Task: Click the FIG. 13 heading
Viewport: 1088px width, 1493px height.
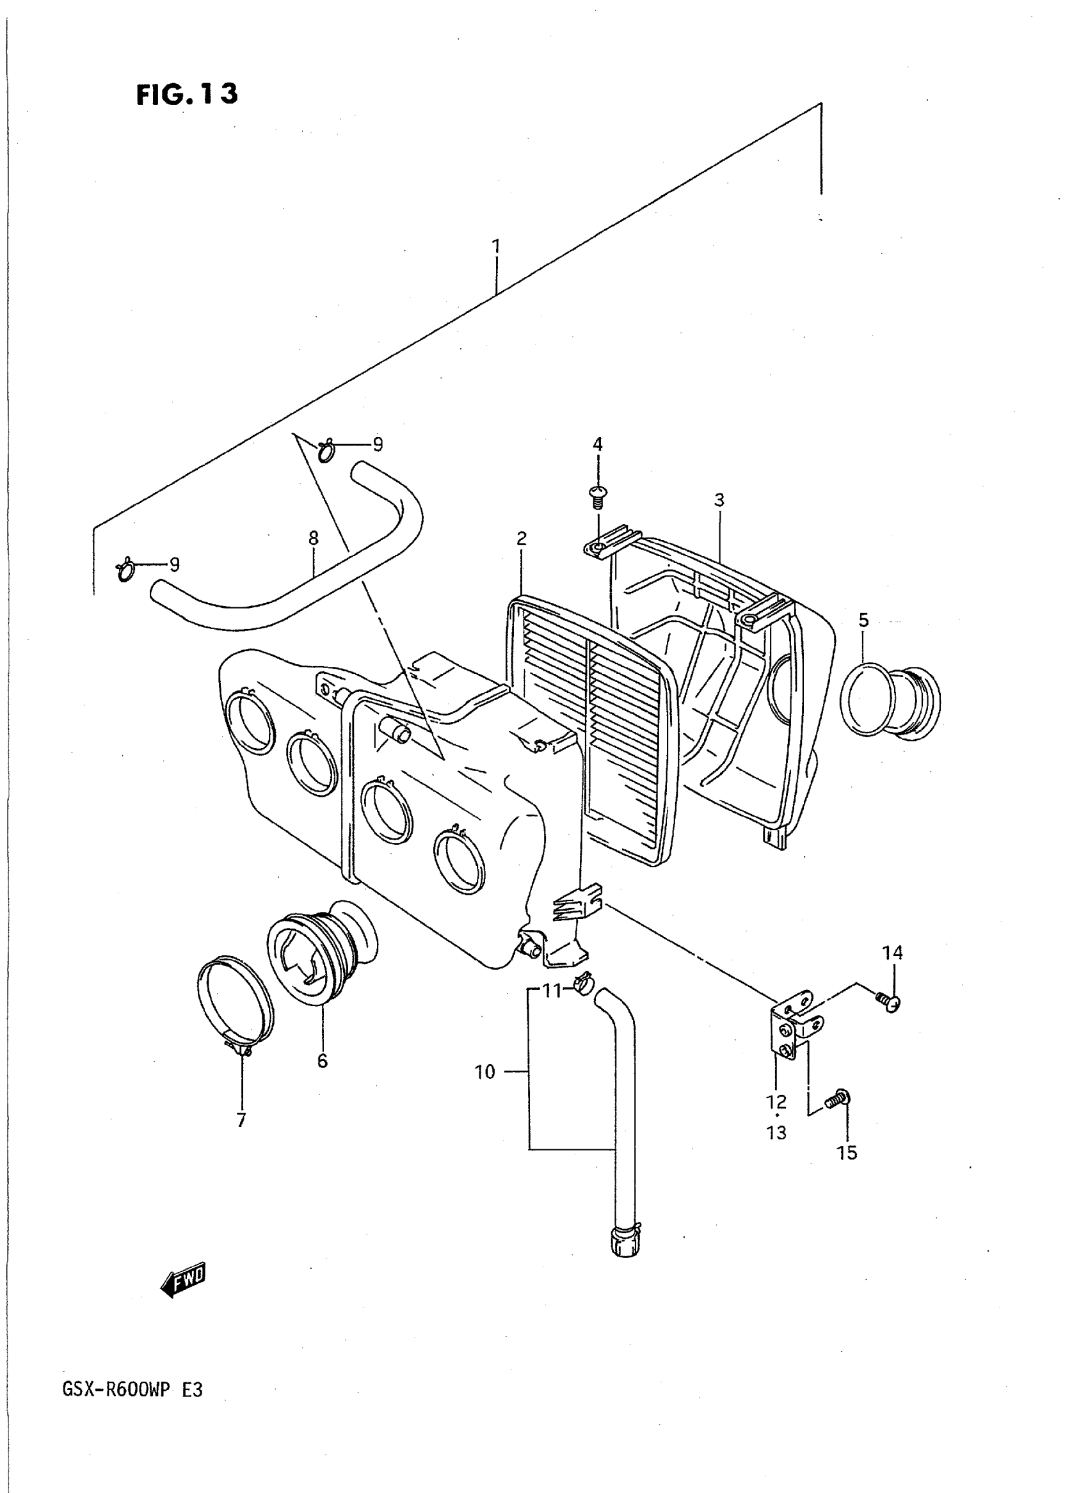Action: click(186, 94)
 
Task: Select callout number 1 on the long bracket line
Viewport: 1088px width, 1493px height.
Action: click(496, 246)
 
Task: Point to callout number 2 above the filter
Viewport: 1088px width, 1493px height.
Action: click(522, 539)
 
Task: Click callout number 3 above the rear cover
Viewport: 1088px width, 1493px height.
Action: click(719, 500)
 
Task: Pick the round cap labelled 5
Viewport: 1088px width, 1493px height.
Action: click(891, 701)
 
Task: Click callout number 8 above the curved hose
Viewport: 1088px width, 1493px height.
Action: click(314, 538)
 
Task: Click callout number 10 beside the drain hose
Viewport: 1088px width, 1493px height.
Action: click(484, 1072)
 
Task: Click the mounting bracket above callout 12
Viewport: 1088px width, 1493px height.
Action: click(792, 1032)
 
